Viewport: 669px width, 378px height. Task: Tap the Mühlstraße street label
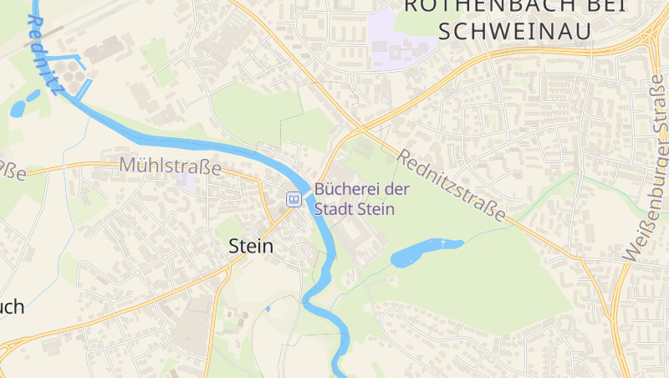tap(170, 166)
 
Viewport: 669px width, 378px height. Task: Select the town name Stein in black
tap(251, 247)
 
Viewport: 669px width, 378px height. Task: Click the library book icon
tap(294, 199)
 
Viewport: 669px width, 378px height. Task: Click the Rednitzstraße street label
tap(451, 186)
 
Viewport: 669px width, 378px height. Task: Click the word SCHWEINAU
tap(514, 30)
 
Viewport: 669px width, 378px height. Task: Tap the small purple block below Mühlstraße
tap(192, 181)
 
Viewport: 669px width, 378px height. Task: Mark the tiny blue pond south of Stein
tap(268, 309)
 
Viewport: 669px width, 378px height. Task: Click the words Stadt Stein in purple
tap(354, 209)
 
